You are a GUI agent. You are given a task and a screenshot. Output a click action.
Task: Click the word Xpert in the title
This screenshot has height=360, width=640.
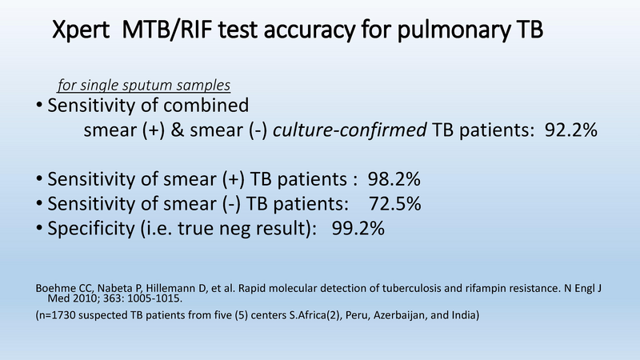coord(81,30)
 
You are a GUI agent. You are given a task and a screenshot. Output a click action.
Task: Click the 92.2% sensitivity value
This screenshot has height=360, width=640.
coord(571,130)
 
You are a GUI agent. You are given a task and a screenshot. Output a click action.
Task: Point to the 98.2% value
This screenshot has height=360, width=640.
coord(394,179)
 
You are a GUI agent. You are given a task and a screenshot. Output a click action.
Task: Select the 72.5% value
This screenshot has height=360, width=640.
coord(394,204)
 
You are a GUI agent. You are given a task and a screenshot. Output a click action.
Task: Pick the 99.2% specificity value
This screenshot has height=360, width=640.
coord(358,228)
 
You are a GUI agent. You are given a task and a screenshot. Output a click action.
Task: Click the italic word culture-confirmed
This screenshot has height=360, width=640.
coord(350,130)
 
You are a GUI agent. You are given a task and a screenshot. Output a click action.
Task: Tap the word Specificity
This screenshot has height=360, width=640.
coord(91,229)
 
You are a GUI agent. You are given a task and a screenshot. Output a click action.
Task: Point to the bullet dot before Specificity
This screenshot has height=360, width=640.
coord(39,228)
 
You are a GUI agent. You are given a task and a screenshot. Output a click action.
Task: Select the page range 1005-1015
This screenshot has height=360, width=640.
coord(154,298)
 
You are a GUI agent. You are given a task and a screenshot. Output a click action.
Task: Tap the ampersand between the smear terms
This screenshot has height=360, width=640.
coord(177,130)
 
